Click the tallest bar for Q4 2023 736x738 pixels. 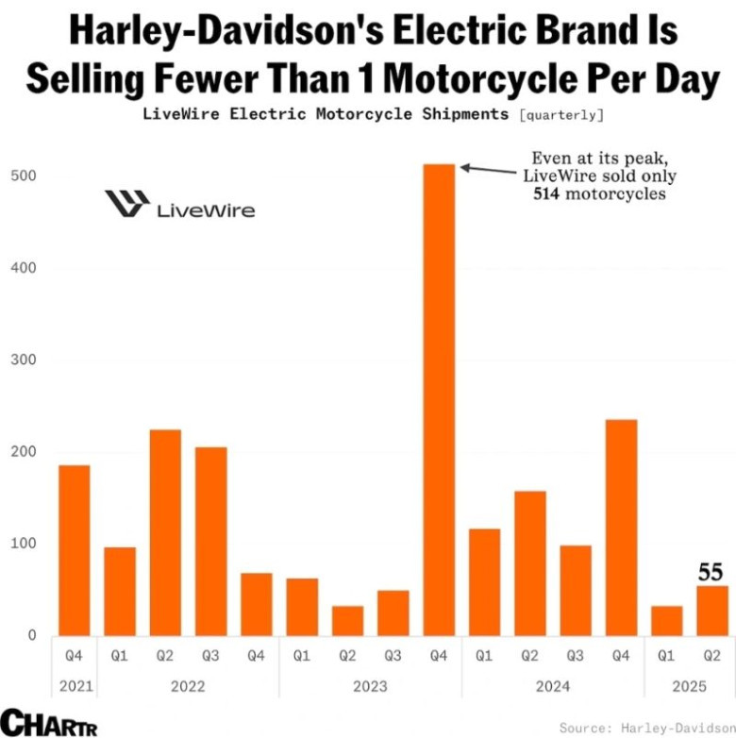click(x=439, y=396)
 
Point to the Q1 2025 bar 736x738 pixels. click(x=667, y=619)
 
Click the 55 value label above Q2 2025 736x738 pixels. click(x=711, y=572)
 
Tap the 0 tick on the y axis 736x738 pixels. click(x=31, y=635)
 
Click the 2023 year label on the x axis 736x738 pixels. click(x=370, y=687)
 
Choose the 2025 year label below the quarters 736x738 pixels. click(x=690, y=687)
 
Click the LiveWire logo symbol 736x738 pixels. click(x=126, y=204)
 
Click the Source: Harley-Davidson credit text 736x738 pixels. click(x=645, y=728)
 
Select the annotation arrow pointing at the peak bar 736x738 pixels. click(x=491, y=170)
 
